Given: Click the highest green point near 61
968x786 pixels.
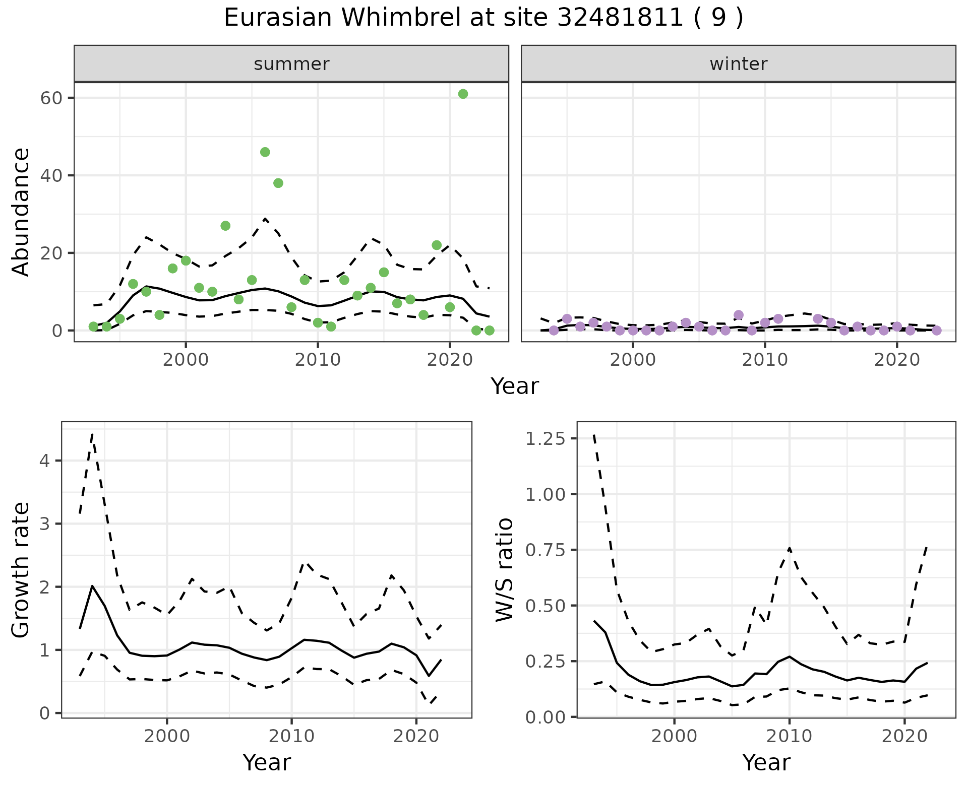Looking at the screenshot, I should [x=463, y=94].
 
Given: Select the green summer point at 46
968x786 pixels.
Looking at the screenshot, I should [x=265, y=152].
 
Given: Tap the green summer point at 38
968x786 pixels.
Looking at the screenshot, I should [x=278, y=183].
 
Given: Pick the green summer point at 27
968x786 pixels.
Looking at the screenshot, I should [x=225, y=226].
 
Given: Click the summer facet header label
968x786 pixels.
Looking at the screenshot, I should [x=291, y=64].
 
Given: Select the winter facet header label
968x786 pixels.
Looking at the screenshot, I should [x=738, y=64].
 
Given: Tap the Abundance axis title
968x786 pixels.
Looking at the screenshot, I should [x=21, y=212].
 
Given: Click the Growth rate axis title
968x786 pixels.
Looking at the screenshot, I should [x=21, y=569].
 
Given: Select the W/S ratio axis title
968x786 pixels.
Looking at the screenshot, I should [x=504, y=569].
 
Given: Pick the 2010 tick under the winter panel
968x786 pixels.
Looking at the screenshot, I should [x=765, y=360].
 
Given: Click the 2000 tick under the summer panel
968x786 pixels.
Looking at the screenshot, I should [x=186, y=360].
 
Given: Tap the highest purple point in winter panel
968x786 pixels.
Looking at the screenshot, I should [x=739, y=315].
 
